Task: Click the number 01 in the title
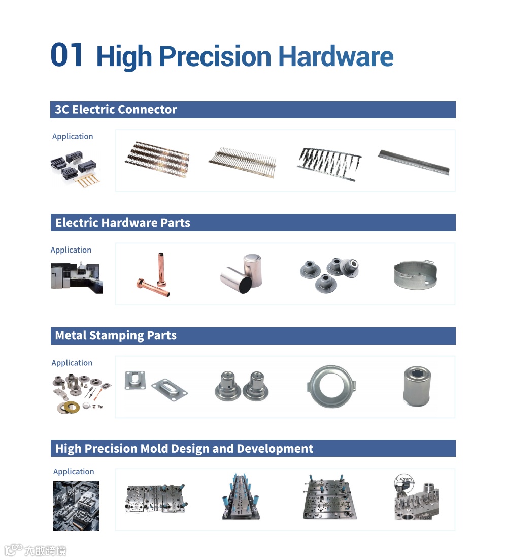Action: click(x=66, y=55)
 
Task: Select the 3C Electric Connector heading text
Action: click(x=116, y=109)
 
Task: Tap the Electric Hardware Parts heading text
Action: click(x=123, y=223)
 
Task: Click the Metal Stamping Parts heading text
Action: click(x=116, y=336)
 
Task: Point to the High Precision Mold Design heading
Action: click(x=184, y=449)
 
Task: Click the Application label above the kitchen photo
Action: click(x=71, y=250)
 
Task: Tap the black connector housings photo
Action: click(x=75, y=169)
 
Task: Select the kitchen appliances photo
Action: click(x=77, y=278)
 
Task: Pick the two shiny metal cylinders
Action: click(x=242, y=273)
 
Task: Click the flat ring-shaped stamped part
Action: click(x=331, y=386)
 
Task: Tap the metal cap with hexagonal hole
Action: click(x=417, y=386)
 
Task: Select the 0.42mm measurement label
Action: click(x=403, y=479)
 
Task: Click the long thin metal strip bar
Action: click(x=414, y=162)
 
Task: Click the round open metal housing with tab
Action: click(x=416, y=274)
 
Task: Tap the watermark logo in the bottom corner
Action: click(x=35, y=550)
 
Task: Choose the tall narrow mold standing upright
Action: click(x=241, y=497)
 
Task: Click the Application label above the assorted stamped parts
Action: click(x=72, y=363)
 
